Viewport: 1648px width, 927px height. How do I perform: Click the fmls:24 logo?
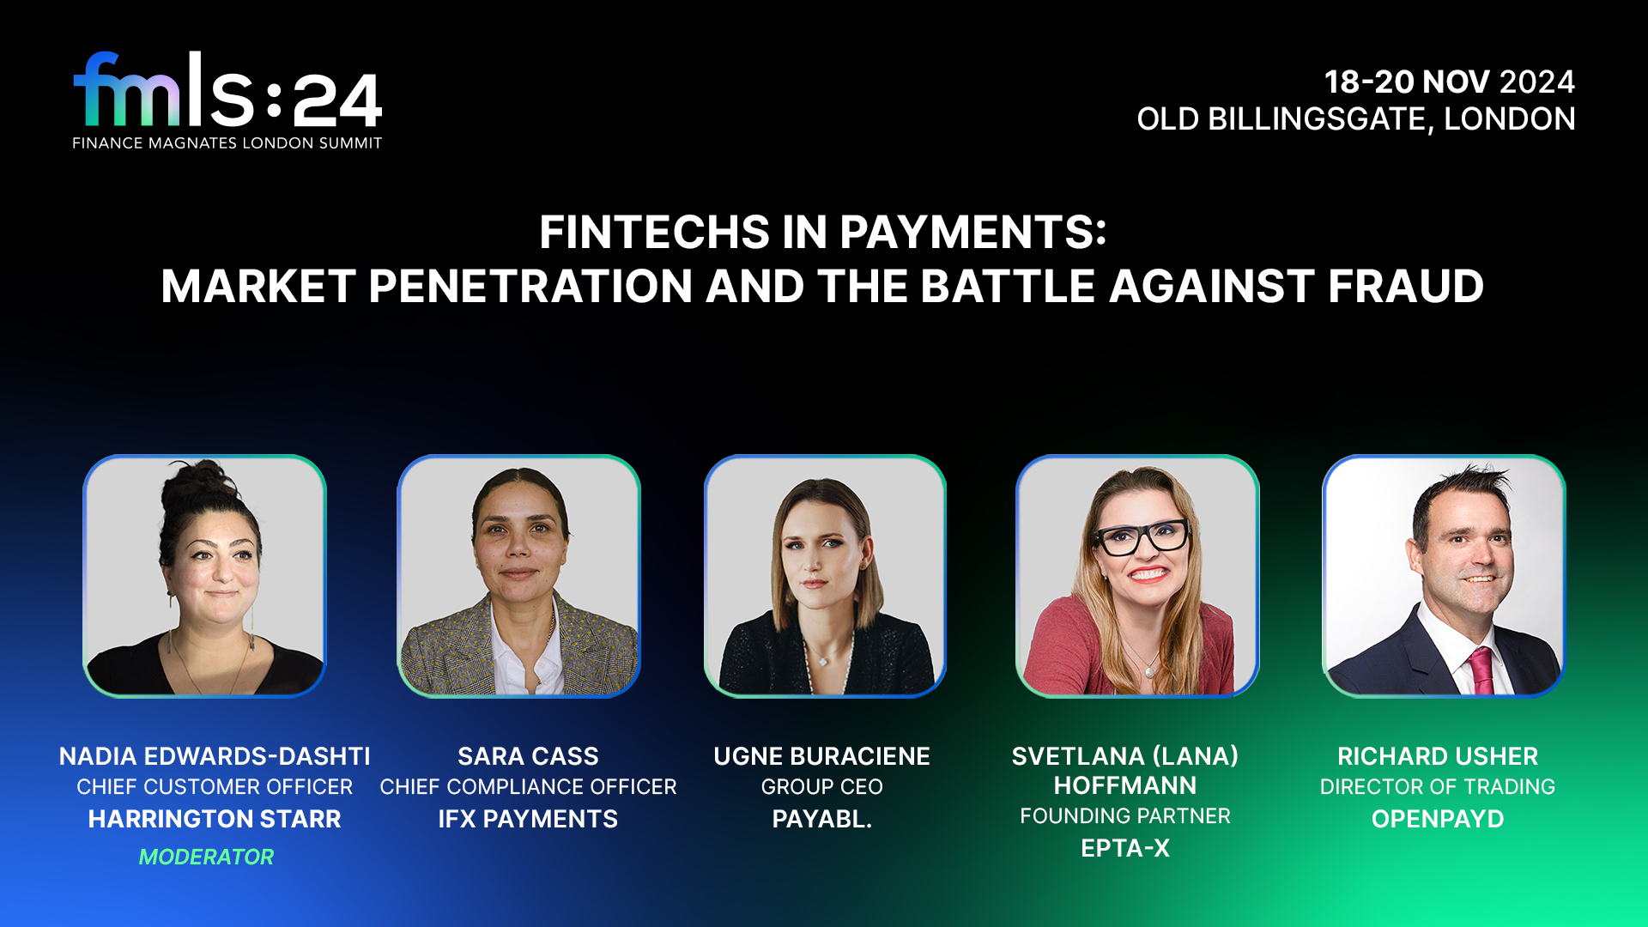pos(227,100)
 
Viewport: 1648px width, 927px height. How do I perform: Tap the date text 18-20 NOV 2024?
pos(1450,82)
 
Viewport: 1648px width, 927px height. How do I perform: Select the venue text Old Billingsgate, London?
pos(1356,119)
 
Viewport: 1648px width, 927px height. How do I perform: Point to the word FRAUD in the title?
pos(1406,286)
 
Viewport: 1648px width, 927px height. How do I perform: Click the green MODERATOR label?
pos(206,857)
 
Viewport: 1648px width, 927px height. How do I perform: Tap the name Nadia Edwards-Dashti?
pos(215,756)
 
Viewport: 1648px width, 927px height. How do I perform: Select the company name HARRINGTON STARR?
pos(215,819)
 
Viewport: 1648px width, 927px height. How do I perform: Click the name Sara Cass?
pos(528,756)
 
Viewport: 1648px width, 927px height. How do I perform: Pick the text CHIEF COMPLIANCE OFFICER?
pos(528,787)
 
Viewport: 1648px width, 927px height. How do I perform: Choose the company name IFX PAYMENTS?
pos(528,819)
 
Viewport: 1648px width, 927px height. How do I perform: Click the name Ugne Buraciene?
pos(821,756)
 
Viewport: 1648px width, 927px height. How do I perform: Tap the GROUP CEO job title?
pos(821,787)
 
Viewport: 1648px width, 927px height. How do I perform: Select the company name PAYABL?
pos(821,819)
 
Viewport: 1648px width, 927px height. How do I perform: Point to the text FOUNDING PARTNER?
pos(1125,816)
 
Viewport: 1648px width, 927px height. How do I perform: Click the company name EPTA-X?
pos(1125,848)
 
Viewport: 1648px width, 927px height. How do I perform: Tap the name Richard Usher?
pos(1438,756)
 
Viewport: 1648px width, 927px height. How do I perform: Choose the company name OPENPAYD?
pos(1438,819)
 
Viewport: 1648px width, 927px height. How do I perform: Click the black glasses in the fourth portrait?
pos(1141,538)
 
